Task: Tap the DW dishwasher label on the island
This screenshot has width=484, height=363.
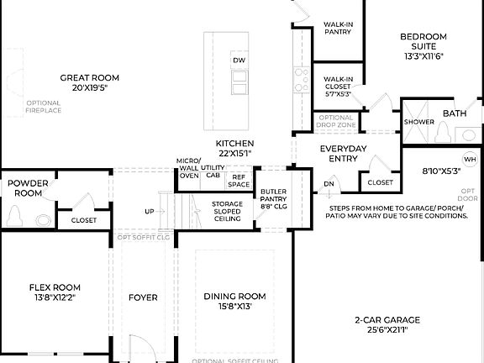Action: click(239, 60)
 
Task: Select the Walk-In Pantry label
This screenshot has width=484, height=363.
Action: click(338, 29)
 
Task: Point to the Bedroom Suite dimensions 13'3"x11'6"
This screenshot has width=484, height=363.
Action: click(422, 56)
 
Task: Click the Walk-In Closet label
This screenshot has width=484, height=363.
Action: click(338, 84)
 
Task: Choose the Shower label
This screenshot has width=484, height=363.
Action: click(418, 122)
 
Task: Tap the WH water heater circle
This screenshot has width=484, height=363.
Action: click(469, 160)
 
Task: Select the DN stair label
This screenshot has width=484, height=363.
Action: click(329, 184)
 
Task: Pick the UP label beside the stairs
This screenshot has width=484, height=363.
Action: click(150, 211)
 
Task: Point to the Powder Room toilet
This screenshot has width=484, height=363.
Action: click(13, 217)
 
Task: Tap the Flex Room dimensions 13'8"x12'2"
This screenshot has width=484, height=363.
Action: click(55, 297)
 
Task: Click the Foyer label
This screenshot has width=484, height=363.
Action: click(143, 297)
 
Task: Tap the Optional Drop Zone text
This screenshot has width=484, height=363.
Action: click(336, 120)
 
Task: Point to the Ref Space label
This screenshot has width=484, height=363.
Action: click(239, 181)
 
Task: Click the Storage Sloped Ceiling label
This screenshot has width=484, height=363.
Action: click(227, 210)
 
